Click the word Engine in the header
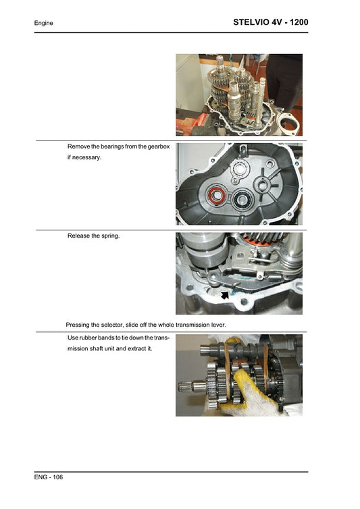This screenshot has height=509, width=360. pyautogui.click(x=44, y=23)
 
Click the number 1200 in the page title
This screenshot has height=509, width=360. pyautogui.click(x=294, y=22)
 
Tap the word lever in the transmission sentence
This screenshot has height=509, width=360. pyautogui.click(x=217, y=324)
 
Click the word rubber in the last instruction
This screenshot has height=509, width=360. pyautogui.click(x=90, y=337)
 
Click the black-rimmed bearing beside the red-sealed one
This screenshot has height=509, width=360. pyautogui.click(x=241, y=200)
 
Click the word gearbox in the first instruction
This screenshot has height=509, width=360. pyautogui.click(x=156, y=146)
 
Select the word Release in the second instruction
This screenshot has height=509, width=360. pyautogui.click(x=79, y=236)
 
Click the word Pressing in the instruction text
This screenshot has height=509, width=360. pyautogui.click(x=79, y=324)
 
